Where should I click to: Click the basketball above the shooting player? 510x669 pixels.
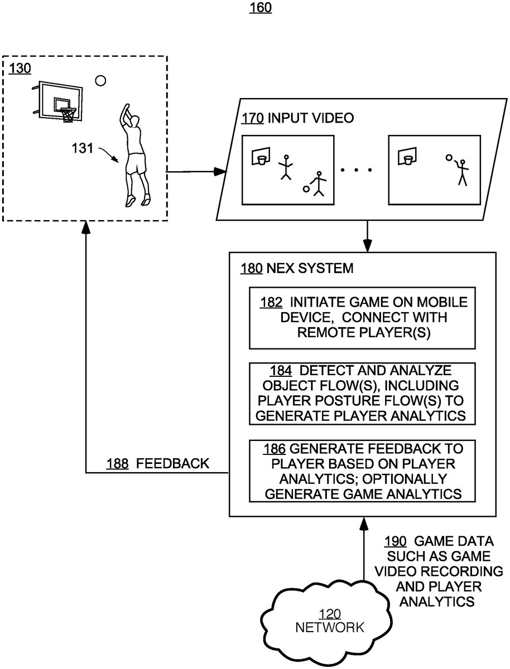tap(100, 81)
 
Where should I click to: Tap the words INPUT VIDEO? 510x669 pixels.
tap(311, 118)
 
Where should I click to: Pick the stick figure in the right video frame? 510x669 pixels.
tap(461, 170)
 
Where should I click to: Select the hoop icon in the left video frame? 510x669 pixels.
tap(259, 156)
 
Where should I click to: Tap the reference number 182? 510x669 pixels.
tap(271, 302)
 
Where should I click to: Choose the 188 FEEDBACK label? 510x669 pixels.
tap(158, 463)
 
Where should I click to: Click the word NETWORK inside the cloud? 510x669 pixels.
tap(329, 628)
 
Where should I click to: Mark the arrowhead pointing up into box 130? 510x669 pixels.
tap(85, 226)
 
